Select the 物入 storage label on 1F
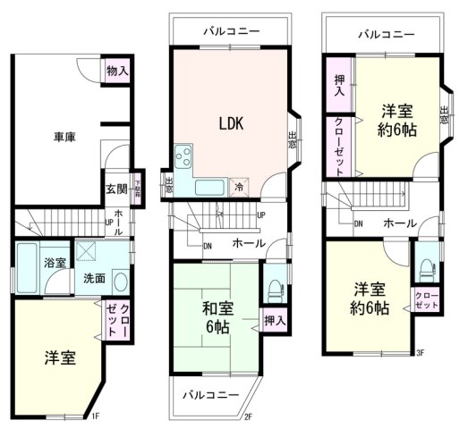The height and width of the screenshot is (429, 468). click(x=117, y=70)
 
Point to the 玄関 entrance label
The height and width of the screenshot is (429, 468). click(x=116, y=189)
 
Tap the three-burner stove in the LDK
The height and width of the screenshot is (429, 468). click(x=185, y=159)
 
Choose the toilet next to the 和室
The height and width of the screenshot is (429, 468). click(x=275, y=288)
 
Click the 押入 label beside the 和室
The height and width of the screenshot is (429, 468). click(x=275, y=320)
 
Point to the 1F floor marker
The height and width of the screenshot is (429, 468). click(x=96, y=416)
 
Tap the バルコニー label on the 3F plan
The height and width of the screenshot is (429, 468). click(x=386, y=36)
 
